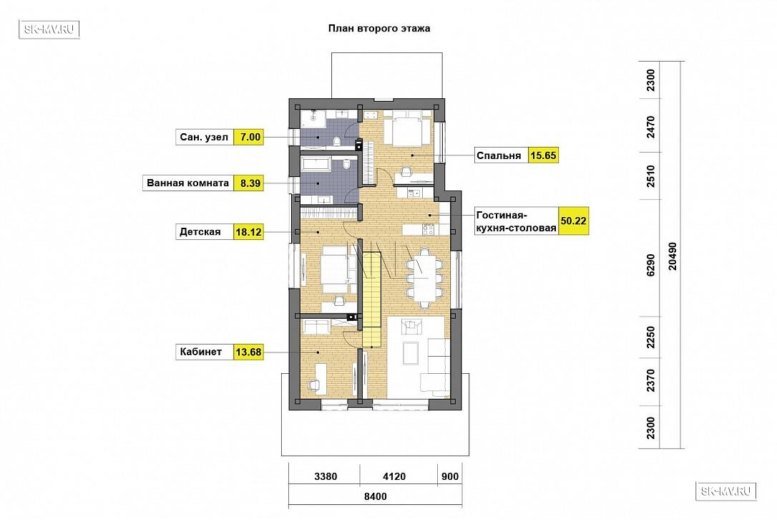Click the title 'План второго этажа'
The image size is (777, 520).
(379, 28)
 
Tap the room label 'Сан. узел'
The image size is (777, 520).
(204, 137)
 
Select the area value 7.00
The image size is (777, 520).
(250, 137)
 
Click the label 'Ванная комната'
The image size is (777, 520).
(187, 183)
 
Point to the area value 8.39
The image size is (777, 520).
(250, 183)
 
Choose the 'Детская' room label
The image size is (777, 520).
(200, 232)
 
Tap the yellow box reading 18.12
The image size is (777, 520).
(248, 232)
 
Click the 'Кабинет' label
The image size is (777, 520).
(201, 352)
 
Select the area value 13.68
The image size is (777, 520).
(248, 352)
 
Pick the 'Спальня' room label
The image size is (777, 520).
(499, 156)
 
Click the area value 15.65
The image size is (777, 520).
(543, 155)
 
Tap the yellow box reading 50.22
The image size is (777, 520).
(573, 221)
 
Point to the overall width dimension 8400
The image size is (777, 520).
(375, 496)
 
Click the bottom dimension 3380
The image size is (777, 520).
(326, 476)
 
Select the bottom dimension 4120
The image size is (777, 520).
(394, 476)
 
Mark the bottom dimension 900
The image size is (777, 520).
(450, 476)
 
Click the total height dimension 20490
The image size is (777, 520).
(673, 256)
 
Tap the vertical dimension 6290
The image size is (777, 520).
(650, 265)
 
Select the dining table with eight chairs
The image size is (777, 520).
(424, 278)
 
